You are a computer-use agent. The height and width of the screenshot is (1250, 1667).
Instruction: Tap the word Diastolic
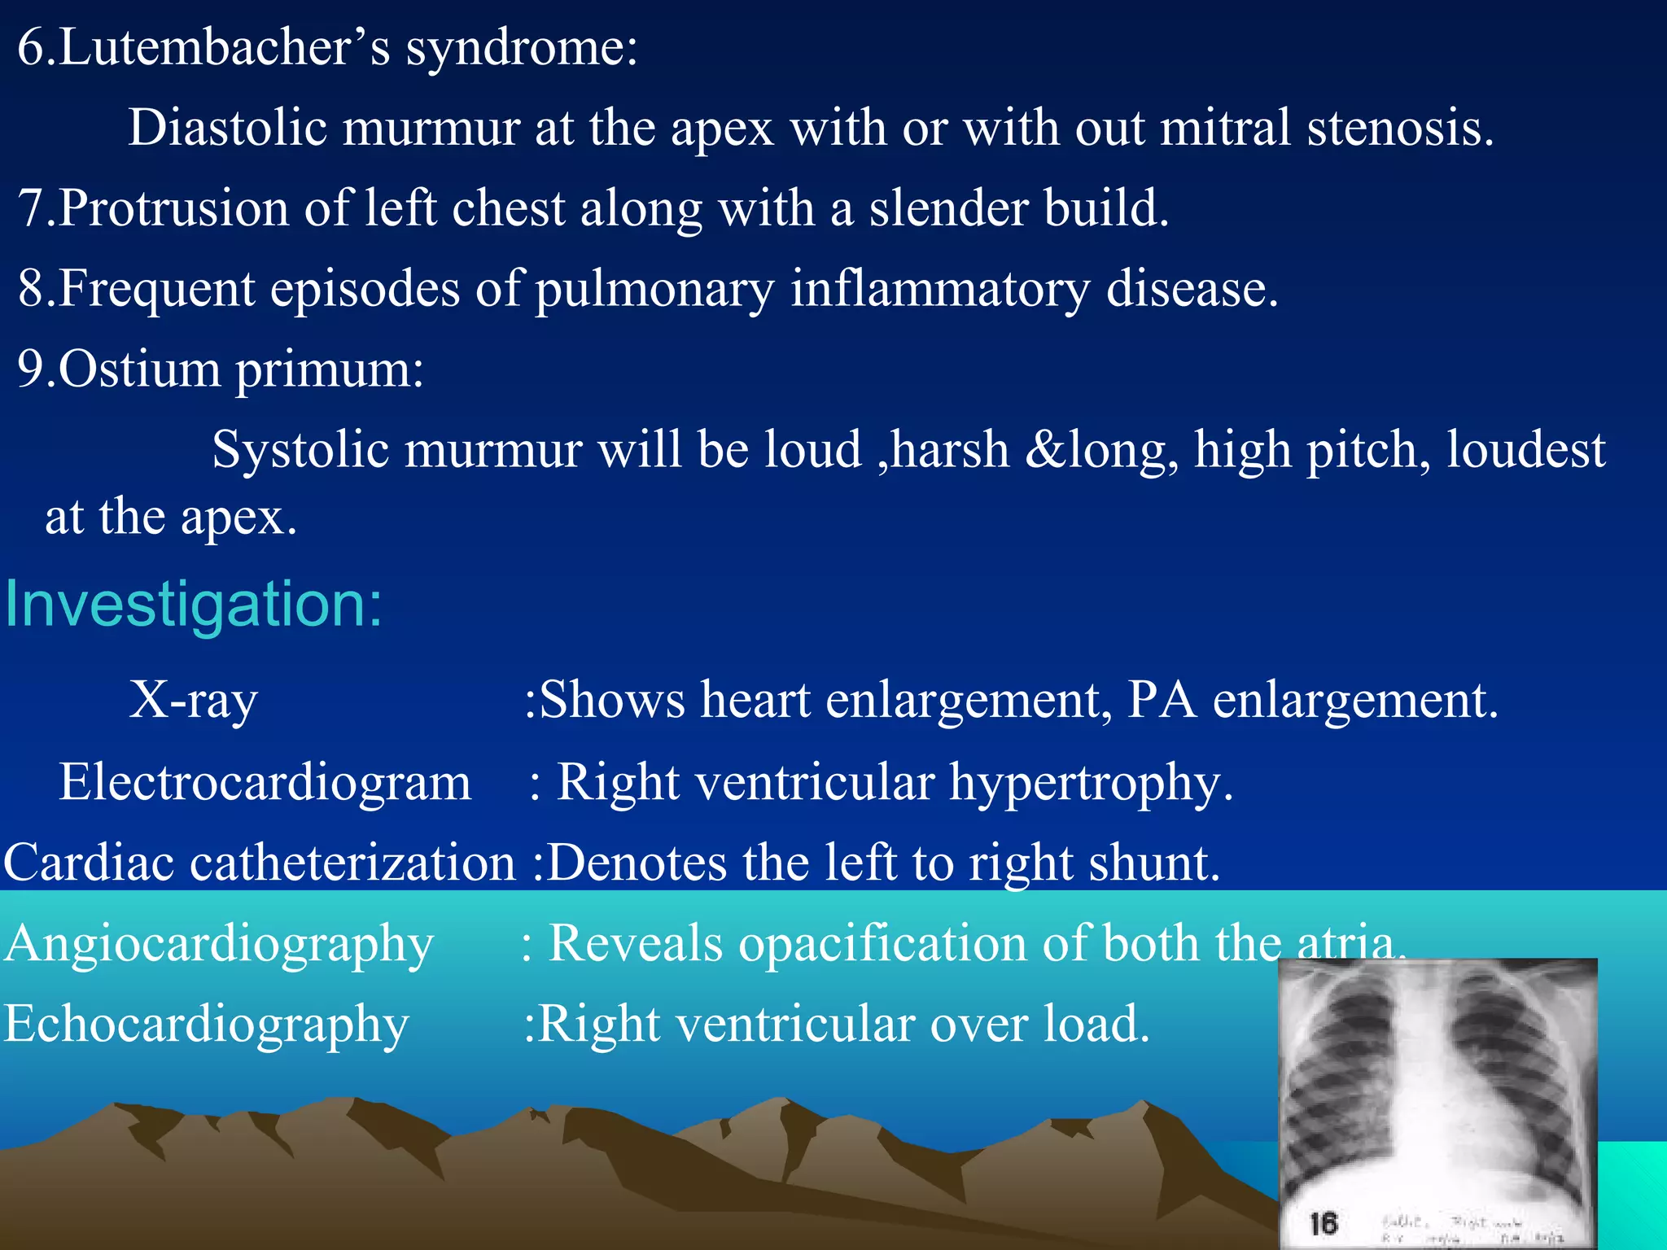click(227, 129)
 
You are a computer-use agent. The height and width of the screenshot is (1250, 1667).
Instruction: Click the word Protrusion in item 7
click(173, 208)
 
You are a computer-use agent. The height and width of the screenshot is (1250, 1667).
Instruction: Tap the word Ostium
click(139, 369)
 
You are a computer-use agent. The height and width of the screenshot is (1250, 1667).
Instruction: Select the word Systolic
click(300, 450)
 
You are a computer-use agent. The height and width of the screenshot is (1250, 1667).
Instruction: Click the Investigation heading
click(194, 605)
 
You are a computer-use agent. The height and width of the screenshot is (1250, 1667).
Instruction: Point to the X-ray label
click(194, 700)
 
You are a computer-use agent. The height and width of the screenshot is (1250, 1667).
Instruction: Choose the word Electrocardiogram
click(265, 782)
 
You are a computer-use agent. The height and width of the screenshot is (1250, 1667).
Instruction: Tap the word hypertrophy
click(1092, 782)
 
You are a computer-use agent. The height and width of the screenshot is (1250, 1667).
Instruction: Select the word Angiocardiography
click(219, 944)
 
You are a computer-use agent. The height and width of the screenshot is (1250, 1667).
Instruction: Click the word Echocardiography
click(207, 1024)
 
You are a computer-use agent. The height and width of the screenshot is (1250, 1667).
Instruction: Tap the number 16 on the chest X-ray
click(1324, 1223)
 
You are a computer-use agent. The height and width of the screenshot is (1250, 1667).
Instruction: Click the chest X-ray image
click(1437, 1099)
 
